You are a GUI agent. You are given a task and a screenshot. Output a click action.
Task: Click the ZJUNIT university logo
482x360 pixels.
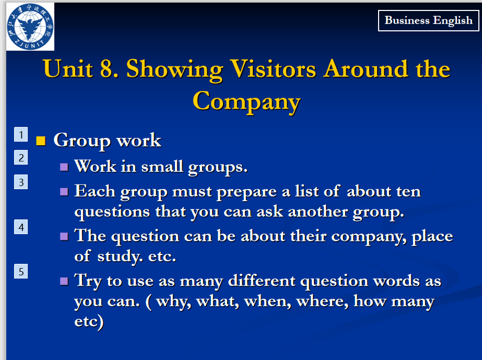(x=30, y=27)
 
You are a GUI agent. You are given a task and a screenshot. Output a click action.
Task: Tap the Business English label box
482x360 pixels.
(x=429, y=20)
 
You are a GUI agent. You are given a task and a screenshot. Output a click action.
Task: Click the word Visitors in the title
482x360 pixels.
(x=273, y=68)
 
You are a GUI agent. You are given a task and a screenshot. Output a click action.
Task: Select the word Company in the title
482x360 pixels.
(x=246, y=102)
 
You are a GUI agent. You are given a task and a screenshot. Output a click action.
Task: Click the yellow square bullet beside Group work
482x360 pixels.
(x=41, y=141)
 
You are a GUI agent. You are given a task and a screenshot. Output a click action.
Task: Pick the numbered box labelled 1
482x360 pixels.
(x=21, y=134)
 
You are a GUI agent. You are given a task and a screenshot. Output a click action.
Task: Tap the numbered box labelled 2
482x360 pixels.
(x=21, y=157)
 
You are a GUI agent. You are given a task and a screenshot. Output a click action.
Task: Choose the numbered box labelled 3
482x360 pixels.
(x=21, y=182)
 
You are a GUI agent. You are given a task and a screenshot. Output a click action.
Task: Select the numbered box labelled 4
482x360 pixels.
(x=21, y=227)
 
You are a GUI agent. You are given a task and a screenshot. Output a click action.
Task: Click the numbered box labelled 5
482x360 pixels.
(x=21, y=271)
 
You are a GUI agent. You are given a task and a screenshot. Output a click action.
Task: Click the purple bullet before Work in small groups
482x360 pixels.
(x=64, y=167)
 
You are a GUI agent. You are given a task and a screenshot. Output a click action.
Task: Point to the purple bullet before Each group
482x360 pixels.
(x=64, y=192)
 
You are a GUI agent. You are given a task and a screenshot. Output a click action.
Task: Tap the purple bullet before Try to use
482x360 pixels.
(x=64, y=281)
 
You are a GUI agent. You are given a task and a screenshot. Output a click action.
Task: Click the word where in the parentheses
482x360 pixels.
(x=322, y=301)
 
